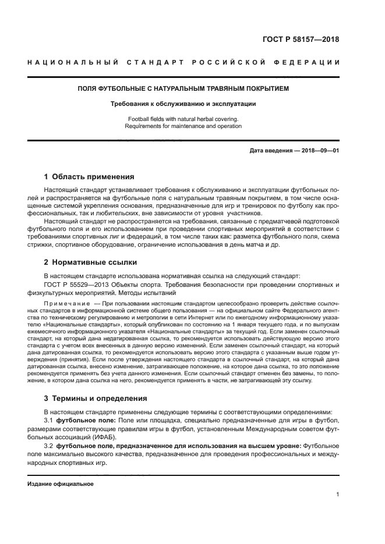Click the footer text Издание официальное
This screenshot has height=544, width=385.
pyautogui.click(x=61, y=483)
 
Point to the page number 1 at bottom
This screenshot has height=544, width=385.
pyautogui.click(x=337, y=495)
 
